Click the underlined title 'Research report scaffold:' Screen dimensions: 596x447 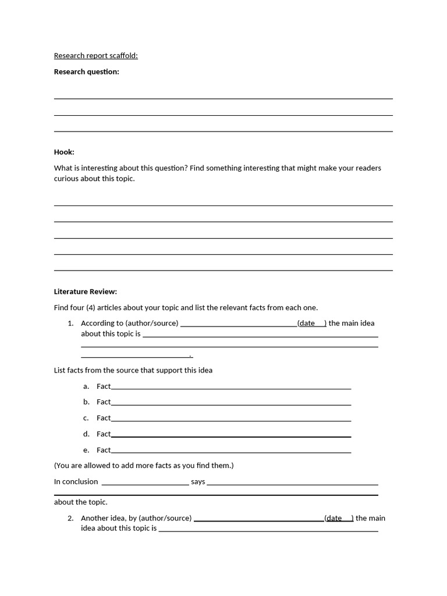click(x=95, y=56)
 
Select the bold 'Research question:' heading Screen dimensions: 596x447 click(x=86, y=72)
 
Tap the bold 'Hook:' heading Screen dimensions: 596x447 click(x=64, y=152)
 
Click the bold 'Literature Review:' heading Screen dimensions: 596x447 click(x=85, y=292)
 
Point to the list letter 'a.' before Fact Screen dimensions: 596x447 click(x=86, y=386)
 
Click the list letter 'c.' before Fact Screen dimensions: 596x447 click(x=86, y=418)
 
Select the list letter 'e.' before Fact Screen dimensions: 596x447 click(x=86, y=450)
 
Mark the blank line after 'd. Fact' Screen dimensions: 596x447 click(x=230, y=435)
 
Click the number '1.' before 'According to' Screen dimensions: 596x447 click(x=70, y=323)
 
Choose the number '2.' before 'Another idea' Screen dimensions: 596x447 click(x=70, y=518)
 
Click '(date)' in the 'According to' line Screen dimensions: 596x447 click(x=311, y=323)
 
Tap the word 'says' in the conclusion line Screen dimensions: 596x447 click(x=198, y=481)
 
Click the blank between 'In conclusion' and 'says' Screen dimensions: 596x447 click(x=145, y=483)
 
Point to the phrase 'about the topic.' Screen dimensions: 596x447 click(x=80, y=502)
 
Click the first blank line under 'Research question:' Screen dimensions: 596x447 click(x=223, y=98)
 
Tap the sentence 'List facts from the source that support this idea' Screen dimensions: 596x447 click(x=133, y=370)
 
